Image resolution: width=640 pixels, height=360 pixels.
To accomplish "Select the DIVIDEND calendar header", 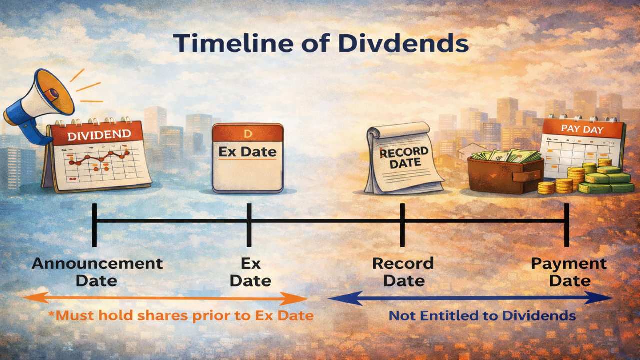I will [99, 134].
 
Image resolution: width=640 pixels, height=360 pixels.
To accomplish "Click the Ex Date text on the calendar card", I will [248, 151].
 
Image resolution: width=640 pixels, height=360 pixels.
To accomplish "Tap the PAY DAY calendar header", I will [582, 129].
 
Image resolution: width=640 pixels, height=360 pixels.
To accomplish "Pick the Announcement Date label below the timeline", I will [97, 271].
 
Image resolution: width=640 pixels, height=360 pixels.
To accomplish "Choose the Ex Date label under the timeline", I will [250, 271].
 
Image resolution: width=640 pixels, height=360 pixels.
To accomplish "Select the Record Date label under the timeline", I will [403, 271].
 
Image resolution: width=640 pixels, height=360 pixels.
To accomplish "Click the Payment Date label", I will [569, 271].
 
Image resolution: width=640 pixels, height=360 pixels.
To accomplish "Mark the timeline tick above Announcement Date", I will [94, 224].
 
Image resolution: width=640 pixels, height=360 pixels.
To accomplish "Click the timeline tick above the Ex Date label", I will [249, 224].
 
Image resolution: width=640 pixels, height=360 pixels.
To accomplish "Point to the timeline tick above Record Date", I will [402, 224].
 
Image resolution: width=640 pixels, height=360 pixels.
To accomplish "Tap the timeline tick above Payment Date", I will [566, 224].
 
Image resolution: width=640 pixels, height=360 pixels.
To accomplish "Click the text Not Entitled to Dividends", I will [482, 316].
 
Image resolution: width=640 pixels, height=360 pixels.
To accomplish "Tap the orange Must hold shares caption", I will [181, 315].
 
